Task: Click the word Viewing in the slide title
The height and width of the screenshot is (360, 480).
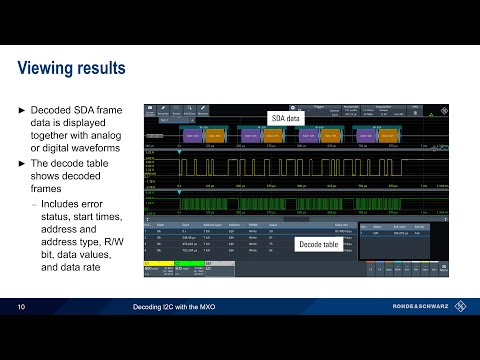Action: [54, 69]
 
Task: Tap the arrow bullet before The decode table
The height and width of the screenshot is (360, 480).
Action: [23, 164]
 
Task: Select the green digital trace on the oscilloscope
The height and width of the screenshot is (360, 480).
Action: [300, 200]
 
